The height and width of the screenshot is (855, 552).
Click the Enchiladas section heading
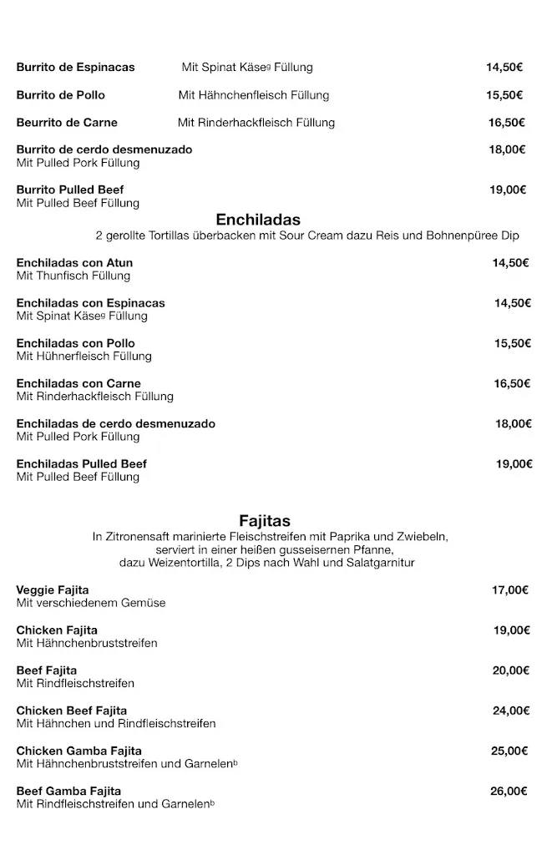[258, 220]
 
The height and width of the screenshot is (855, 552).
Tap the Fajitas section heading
[265, 522]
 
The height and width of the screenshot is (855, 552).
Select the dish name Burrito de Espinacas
[75, 68]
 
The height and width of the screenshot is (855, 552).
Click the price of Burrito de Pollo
[504, 95]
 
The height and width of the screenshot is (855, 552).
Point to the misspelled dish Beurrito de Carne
[67, 123]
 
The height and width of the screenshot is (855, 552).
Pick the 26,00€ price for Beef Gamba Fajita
[509, 791]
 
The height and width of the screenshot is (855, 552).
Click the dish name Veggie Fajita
[53, 590]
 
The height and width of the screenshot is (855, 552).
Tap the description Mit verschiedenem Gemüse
[91, 603]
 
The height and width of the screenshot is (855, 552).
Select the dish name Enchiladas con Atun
[74, 263]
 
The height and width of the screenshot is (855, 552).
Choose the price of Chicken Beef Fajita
[511, 711]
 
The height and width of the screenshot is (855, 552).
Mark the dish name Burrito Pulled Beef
[70, 190]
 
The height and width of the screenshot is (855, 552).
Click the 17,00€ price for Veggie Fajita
[510, 590]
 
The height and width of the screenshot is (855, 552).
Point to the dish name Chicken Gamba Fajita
[79, 751]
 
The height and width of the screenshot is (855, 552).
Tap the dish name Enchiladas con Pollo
[75, 343]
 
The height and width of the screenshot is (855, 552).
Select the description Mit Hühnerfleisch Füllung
[84, 356]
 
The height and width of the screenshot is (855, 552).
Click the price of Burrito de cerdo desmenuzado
[507, 149]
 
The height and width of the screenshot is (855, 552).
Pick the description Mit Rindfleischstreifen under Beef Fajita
[75, 683]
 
